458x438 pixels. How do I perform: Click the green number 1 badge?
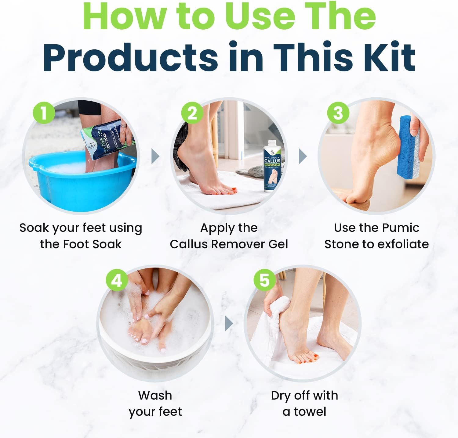pyautogui.click(x=44, y=113)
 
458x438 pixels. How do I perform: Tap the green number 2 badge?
pyautogui.click(x=192, y=113)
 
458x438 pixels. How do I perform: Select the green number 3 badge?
pyautogui.click(x=338, y=113)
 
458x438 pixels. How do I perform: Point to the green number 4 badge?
pyautogui.click(x=117, y=280)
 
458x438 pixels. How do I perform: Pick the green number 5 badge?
pyautogui.click(x=264, y=280)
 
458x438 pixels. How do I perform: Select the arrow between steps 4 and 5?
pyautogui.click(x=229, y=324)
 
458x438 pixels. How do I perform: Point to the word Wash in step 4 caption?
pyautogui.click(x=155, y=395)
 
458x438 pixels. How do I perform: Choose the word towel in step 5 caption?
pyautogui.click(x=310, y=412)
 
